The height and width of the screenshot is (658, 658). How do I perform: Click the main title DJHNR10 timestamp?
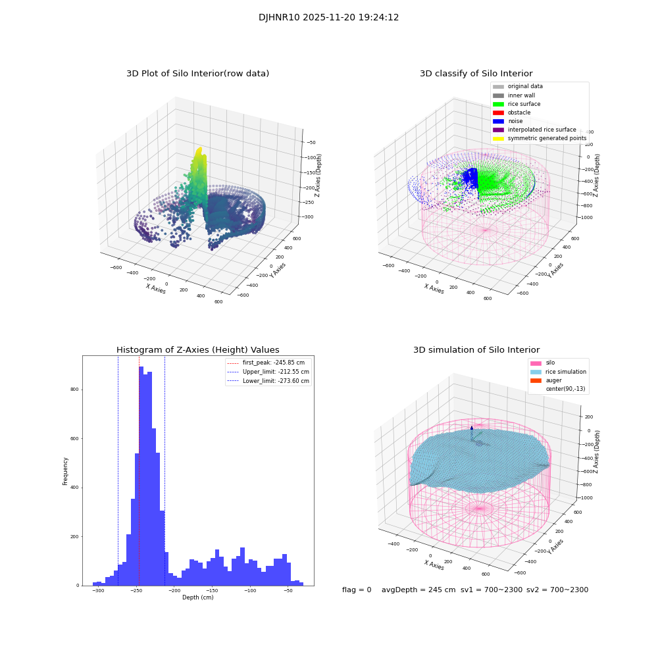tap(328, 18)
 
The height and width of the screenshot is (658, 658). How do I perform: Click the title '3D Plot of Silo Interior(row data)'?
tap(197, 74)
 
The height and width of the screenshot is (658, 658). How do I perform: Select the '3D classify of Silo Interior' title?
tap(476, 74)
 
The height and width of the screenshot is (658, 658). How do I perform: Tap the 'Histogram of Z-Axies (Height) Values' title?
tap(197, 350)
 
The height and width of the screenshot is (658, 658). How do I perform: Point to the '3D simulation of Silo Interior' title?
tap(476, 350)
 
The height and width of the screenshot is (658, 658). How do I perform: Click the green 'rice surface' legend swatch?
tap(498, 104)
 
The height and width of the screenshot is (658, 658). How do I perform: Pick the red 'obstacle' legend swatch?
tap(498, 113)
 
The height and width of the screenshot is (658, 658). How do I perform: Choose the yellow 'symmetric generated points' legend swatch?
tap(498, 138)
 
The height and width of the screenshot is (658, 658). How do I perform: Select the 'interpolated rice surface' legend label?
tap(542, 130)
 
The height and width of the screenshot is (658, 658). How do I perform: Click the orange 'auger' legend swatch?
tap(535, 380)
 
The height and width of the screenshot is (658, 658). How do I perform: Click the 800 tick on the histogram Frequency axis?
tap(74, 390)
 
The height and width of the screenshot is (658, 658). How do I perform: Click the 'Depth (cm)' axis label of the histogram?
tap(197, 597)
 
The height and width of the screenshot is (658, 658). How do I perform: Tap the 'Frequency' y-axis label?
tap(65, 470)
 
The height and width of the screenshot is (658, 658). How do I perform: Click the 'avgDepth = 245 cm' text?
tap(418, 590)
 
